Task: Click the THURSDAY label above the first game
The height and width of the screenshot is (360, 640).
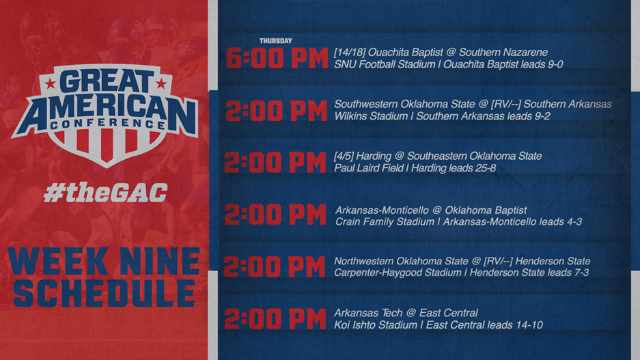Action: [275, 41]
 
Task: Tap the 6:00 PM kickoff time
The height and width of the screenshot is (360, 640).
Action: [277, 59]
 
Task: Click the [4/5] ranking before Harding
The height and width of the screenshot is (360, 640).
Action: [344, 156]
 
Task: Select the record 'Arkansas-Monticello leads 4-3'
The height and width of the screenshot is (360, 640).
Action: [512, 221]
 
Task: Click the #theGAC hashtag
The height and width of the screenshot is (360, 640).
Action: [105, 193]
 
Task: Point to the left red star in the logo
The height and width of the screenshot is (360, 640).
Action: [50, 85]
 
